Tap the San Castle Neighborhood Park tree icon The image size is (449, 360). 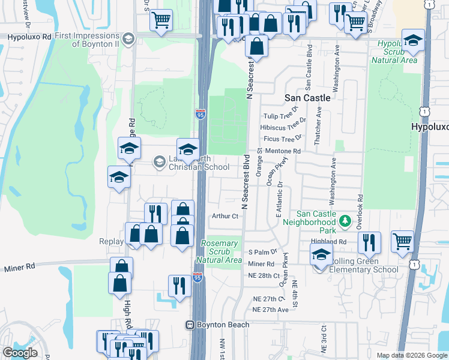point(345,222)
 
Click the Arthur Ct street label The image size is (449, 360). point(225,216)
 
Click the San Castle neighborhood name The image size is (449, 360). point(307,97)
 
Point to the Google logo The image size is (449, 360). point(20,353)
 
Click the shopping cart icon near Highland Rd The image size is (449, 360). point(402,241)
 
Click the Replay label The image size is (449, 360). point(110,242)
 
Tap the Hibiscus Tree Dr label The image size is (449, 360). point(283,127)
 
